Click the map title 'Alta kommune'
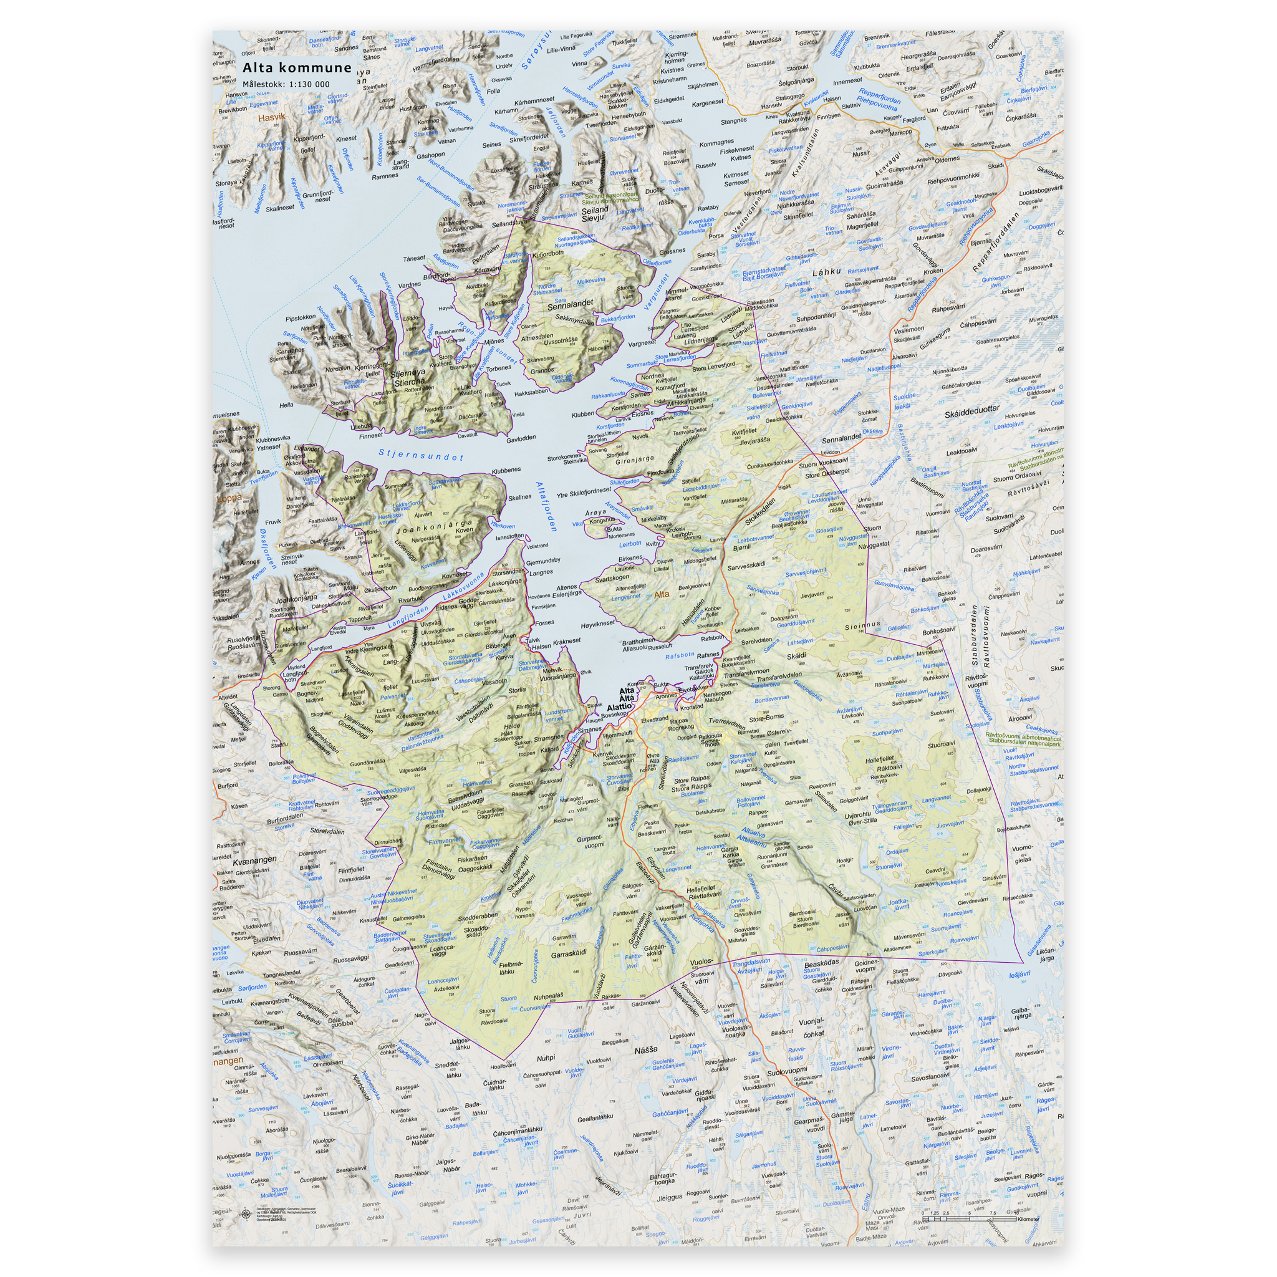[x=297, y=68]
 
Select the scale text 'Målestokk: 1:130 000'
[x=286, y=84]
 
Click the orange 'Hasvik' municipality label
[x=272, y=118]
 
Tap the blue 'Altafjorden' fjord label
[x=547, y=506]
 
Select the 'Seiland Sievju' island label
[x=594, y=213]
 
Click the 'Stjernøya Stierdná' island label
[x=409, y=378]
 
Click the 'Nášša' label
[x=646, y=1049]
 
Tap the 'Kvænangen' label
[x=254, y=861]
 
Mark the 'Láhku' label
[x=826, y=272]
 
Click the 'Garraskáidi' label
[x=569, y=955]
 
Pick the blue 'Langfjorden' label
[x=408, y=617]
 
